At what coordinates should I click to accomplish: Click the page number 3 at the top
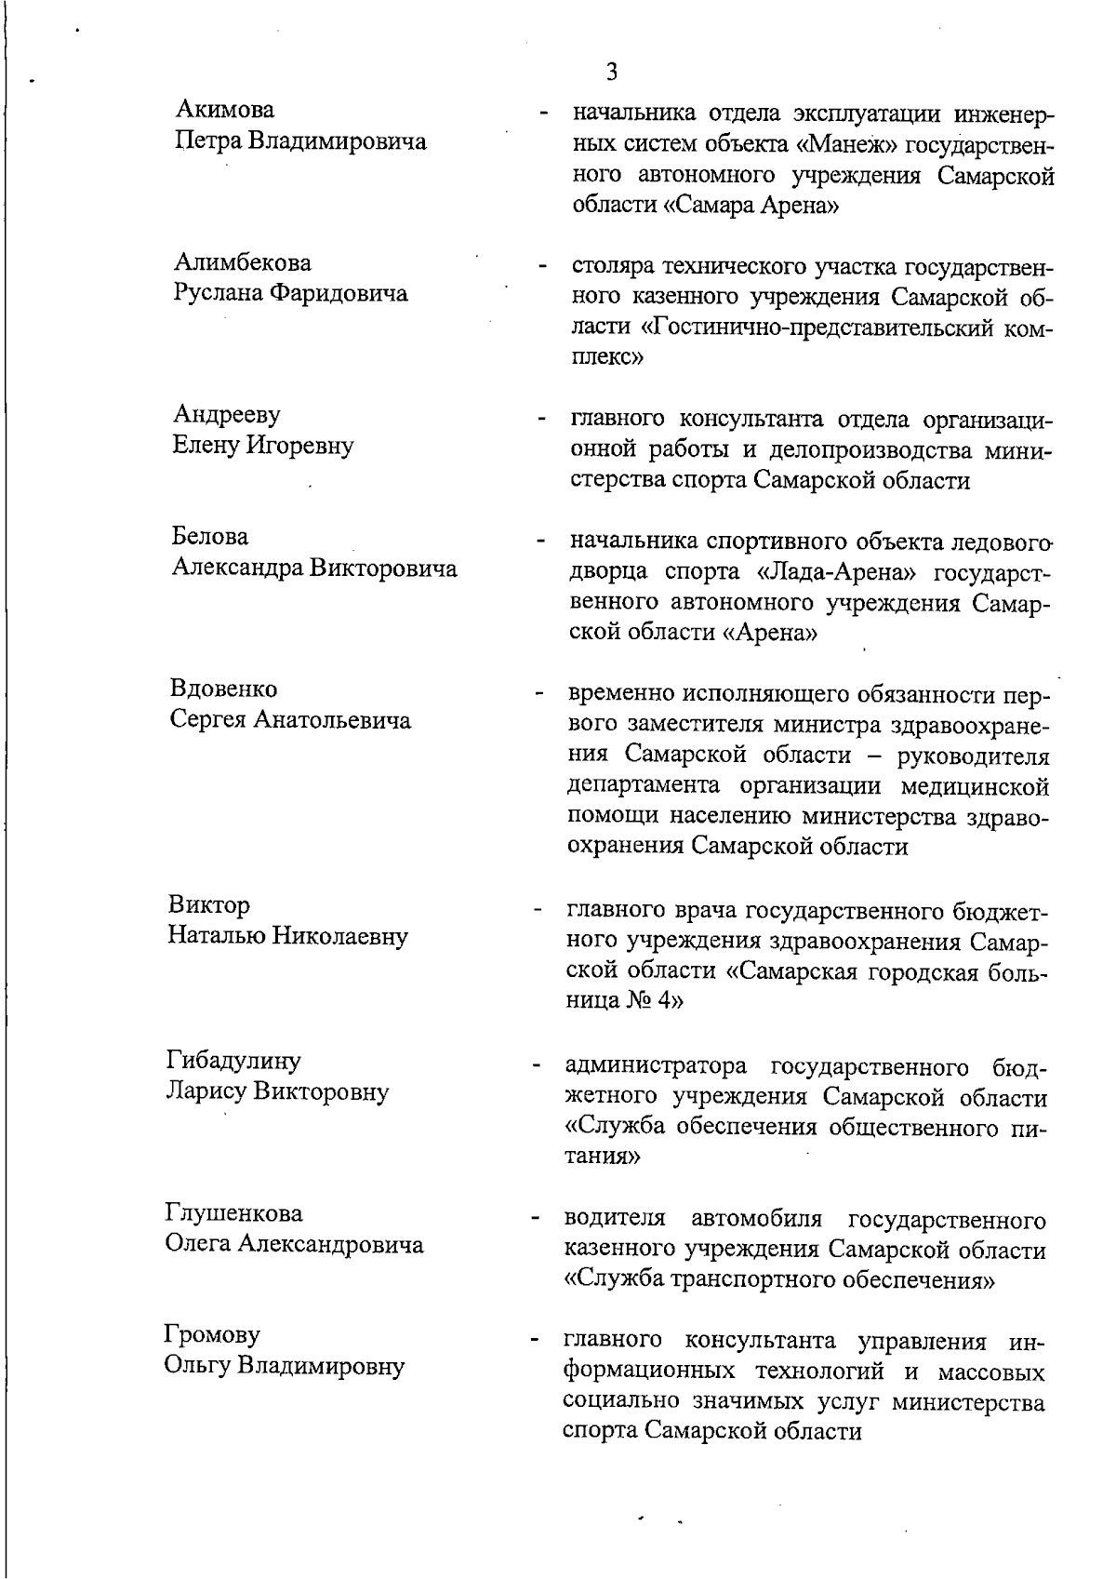pos(611,72)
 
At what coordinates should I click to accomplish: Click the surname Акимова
pos(225,111)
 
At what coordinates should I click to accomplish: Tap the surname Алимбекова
pos(243,263)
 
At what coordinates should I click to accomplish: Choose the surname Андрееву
pos(227,414)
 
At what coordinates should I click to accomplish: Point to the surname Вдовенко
pos(223,689)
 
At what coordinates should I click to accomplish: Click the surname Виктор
pos(209,904)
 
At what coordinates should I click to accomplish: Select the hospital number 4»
pos(668,1001)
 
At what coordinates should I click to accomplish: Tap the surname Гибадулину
pos(233,1060)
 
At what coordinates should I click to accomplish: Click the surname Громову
pos(212,1335)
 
